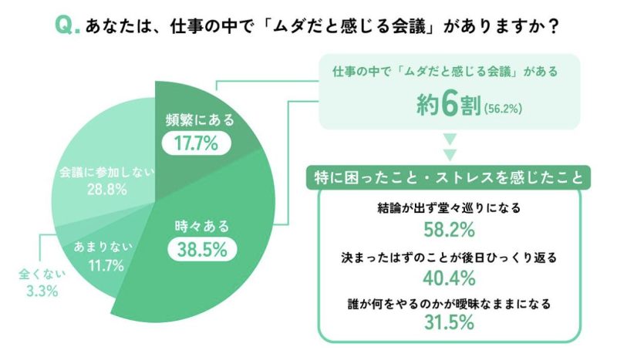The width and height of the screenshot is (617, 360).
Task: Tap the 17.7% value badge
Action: pos(190,142)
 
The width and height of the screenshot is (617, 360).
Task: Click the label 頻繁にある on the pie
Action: pos(200,119)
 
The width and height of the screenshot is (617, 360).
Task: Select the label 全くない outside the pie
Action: pos(39,273)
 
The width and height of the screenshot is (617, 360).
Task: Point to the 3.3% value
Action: pos(39,291)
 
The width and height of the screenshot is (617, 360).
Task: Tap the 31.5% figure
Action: pos(449,324)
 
